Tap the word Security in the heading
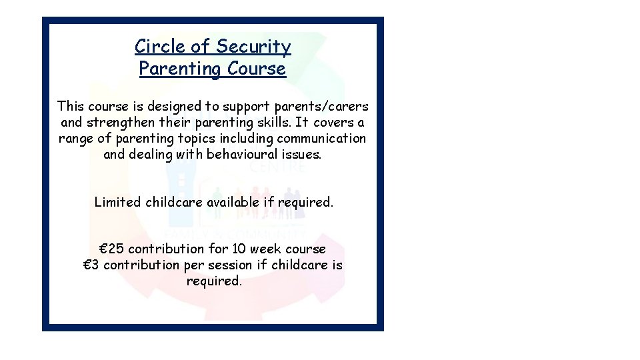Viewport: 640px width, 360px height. click(253, 47)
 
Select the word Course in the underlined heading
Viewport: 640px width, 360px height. click(257, 69)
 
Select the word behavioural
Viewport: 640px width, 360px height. click(245, 155)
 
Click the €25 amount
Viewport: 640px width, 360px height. click(111, 249)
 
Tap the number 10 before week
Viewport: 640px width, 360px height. click(240, 249)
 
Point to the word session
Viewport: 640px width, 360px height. click(231, 265)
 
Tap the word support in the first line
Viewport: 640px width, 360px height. click(243, 106)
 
